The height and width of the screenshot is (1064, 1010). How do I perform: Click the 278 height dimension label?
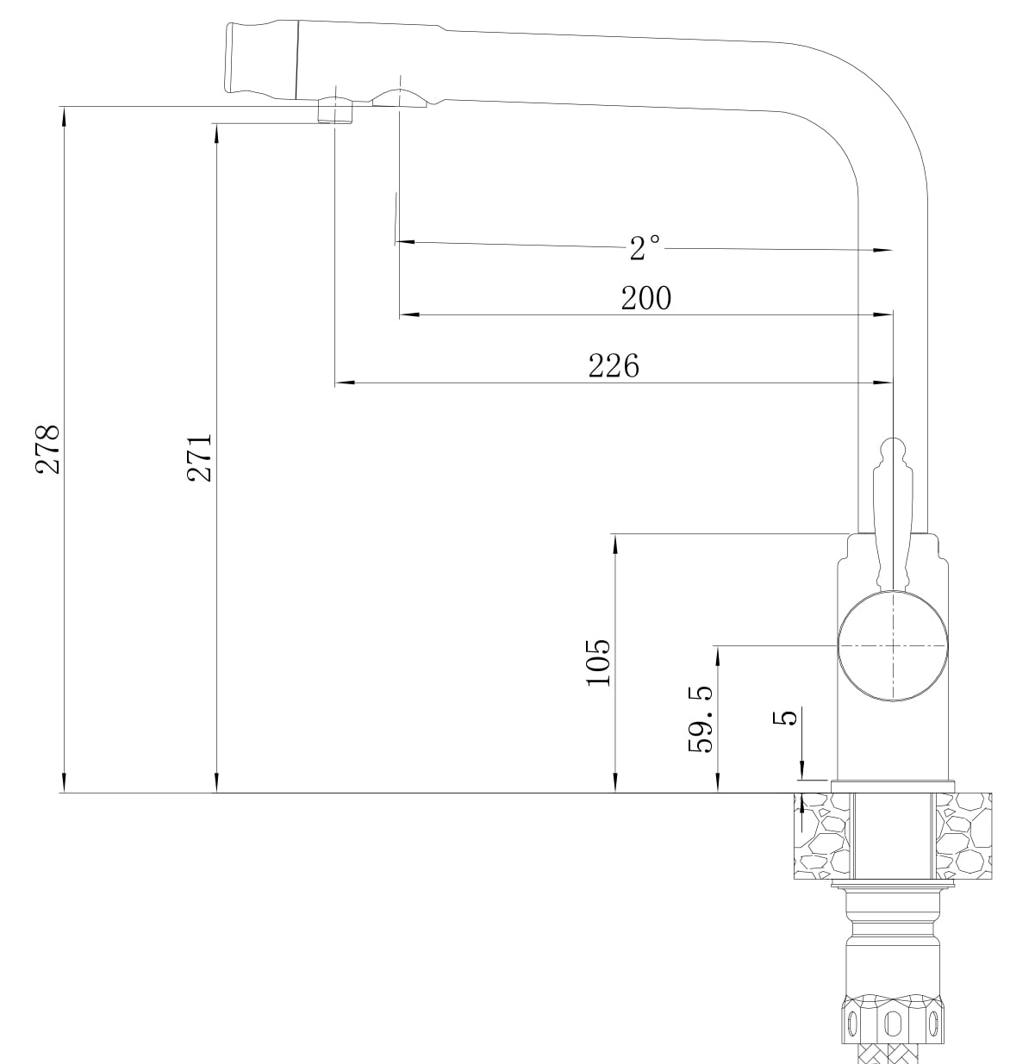47,449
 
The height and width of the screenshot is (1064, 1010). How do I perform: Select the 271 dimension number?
199,457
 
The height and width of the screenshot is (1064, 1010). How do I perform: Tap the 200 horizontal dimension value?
646,298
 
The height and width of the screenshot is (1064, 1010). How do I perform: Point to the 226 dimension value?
614,366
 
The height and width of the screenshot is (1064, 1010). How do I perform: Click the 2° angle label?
645,247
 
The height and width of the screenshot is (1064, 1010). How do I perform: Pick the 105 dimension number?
598,663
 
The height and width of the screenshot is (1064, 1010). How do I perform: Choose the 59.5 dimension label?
701,719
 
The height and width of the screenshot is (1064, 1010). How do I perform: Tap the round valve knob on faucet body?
893,645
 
